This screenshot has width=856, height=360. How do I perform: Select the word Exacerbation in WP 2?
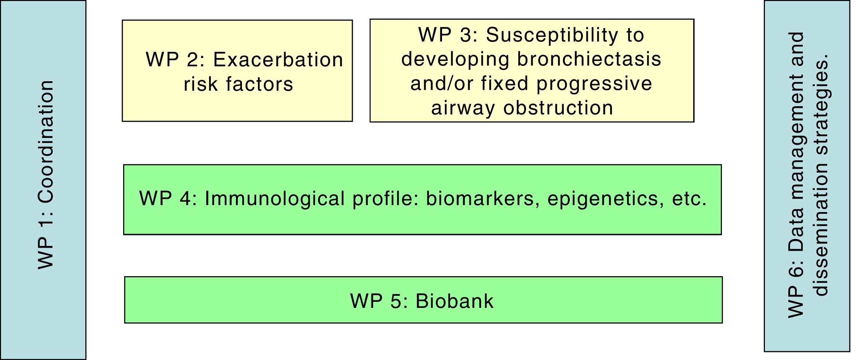tap(278, 60)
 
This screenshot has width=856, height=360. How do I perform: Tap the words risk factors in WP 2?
tap(238, 84)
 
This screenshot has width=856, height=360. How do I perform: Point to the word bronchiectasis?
tap(589, 59)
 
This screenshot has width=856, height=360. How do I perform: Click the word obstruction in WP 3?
tap(558, 108)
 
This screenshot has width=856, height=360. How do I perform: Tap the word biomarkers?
tap(483, 199)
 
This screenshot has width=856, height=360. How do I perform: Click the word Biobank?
tap(454, 301)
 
